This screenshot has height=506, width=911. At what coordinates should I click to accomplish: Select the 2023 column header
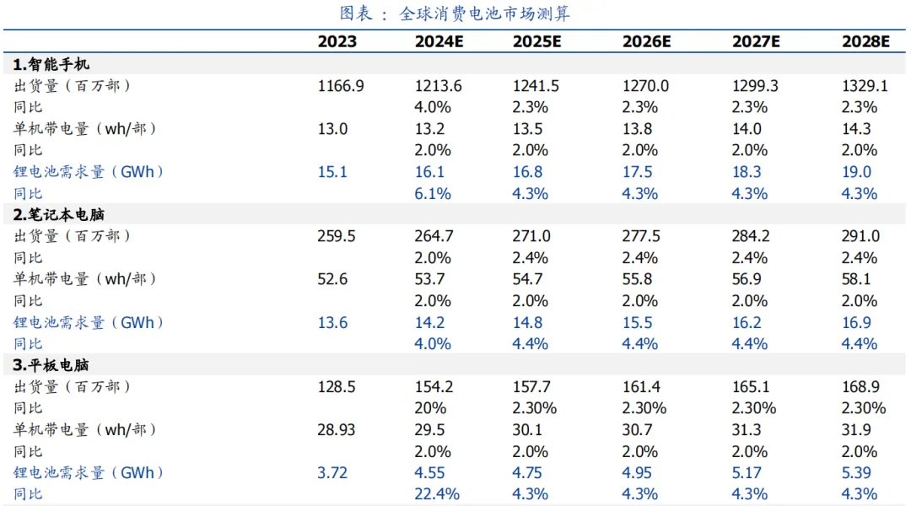[337, 42]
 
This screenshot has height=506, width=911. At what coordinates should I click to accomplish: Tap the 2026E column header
[646, 42]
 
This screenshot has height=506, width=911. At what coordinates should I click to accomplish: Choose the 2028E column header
[865, 42]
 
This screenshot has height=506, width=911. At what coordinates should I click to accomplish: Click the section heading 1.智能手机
[51, 64]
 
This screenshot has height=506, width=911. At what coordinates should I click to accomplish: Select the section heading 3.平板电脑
[51, 365]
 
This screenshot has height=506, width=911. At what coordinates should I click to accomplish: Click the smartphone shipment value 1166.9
[341, 85]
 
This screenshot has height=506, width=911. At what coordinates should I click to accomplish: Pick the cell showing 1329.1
[865, 85]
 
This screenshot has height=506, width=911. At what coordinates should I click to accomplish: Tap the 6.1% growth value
[433, 193]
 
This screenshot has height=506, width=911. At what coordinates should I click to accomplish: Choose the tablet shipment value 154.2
[435, 386]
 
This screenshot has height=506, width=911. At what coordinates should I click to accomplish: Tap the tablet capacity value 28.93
[337, 429]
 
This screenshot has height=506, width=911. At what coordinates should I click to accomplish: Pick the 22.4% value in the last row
[437, 494]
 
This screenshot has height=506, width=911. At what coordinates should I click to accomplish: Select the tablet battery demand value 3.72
[332, 472]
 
